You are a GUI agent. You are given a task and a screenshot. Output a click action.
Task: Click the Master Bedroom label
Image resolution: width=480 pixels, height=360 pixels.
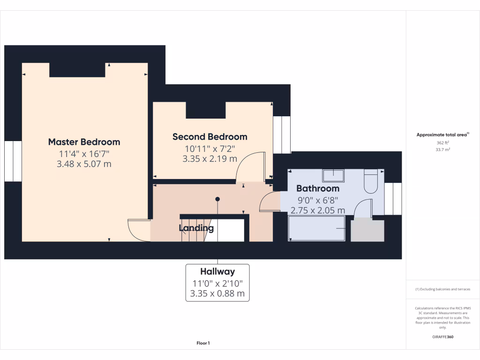pyautogui.click(x=84, y=142)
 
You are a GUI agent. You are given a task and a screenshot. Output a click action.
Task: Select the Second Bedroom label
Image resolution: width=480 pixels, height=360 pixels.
pyautogui.click(x=210, y=137)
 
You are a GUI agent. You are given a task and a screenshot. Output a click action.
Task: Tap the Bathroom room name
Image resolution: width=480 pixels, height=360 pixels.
pyautogui.click(x=318, y=188)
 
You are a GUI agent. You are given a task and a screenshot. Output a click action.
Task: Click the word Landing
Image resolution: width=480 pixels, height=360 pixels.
pyautogui.click(x=196, y=228)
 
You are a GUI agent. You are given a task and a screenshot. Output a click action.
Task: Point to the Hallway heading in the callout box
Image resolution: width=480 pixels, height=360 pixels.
pyautogui.click(x=217, y=271)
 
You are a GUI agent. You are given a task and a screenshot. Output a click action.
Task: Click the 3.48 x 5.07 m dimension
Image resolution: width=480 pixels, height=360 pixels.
pyautogui.click(x=84, y=164)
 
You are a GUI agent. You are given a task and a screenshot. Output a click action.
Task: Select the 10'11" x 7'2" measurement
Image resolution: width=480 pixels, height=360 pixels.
pyautogui.click(x=210, y=149)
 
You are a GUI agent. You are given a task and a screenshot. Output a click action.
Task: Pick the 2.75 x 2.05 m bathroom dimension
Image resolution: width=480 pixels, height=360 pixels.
pyautogui.click(x=318, y=210)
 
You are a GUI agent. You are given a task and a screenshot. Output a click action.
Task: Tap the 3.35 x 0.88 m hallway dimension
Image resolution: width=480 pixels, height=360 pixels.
pyautogui.click(x=217, y=294)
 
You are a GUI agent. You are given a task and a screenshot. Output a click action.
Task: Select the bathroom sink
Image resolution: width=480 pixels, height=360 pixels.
pyautogui.click(x=333, y=176)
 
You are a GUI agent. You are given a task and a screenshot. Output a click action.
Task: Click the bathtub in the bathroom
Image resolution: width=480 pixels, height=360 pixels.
pyautogui.click(x=316, y=228)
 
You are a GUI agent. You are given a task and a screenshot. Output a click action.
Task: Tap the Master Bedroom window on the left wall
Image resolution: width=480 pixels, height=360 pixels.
pyautogui.click(x=13, y=161)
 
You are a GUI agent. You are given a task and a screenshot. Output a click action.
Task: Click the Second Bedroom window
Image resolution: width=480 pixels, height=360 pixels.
pyautogui.click(x=282, y=135)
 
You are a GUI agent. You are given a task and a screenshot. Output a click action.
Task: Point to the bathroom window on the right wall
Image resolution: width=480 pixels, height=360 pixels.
pyautogui.click(x=393, y=199)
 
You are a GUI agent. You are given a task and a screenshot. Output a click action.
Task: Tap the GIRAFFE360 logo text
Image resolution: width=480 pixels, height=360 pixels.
pyautogui.click(x=442, y=337)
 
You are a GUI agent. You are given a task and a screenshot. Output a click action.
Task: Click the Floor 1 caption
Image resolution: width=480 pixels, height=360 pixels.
pyautogui.click(x=203, y=344)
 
